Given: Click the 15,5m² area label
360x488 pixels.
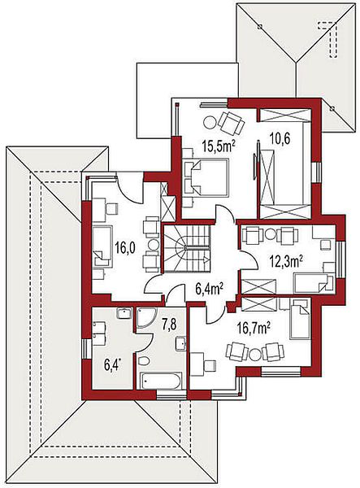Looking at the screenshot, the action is coord(219,146).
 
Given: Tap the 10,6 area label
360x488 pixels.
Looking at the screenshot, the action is coord(280,139).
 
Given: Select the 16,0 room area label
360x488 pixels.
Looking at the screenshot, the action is coord(124,249).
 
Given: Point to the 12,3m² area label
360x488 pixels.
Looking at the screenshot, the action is coord(286,262).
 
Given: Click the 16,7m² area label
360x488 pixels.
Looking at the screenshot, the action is coord(252,328).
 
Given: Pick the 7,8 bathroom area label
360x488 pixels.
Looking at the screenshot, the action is coord(169,325).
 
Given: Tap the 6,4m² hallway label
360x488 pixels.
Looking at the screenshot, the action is coord(210,290).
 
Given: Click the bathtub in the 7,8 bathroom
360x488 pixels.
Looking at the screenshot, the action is coord(160,381).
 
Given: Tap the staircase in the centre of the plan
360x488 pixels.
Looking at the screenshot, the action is coord(187,248).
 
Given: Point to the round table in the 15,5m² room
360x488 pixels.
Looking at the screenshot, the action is coord(210,122).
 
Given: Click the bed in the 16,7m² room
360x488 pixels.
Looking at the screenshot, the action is coord(299,318).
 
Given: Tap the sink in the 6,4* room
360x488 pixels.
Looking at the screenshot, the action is coord(124,313).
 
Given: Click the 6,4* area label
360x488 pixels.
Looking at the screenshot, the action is coord(112,365).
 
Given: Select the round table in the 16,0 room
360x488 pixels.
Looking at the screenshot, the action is coord(154,245).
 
